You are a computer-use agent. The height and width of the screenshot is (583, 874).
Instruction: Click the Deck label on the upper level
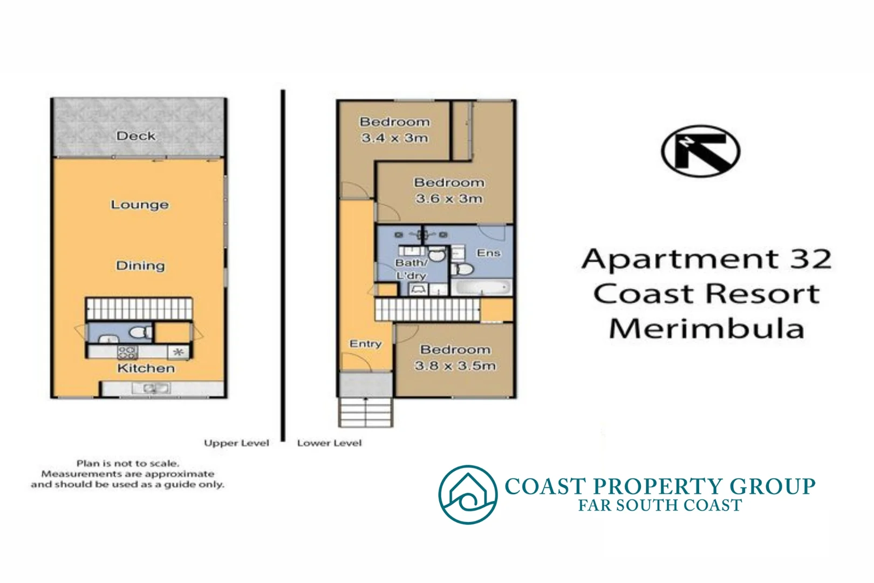pos(136,136)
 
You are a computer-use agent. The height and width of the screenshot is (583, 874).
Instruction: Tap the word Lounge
pos(140,205)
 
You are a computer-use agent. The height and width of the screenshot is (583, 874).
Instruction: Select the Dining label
pos(140,266)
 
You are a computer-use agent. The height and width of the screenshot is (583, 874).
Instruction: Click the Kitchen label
pos(146,368)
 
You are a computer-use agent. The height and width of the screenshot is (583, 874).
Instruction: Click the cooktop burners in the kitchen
pos(127,352)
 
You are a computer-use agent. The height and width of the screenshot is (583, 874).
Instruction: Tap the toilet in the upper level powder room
pos(141,333)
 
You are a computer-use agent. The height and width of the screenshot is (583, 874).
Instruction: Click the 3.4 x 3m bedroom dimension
pos(395,138)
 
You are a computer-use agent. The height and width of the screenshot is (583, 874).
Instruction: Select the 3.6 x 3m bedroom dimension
pos(449,199)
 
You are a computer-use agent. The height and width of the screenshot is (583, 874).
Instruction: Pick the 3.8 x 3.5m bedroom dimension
pos(455,365)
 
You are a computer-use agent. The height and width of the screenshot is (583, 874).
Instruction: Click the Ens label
pos(488,253)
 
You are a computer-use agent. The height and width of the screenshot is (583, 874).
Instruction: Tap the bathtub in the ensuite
pos(481,287)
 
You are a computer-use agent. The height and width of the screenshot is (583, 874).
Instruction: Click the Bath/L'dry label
pos(411,269)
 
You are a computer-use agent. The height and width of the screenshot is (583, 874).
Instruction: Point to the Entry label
pos(365,344)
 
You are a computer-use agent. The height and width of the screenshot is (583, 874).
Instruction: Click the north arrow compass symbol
pos(700,151)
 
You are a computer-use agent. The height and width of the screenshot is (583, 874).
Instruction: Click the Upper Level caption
pos(236,443)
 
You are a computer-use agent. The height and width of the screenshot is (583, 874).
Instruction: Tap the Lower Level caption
pos(329,443)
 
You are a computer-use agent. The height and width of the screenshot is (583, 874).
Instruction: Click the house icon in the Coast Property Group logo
pos(468,494)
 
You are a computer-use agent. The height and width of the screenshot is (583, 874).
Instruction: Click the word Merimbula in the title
pos(706,328)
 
